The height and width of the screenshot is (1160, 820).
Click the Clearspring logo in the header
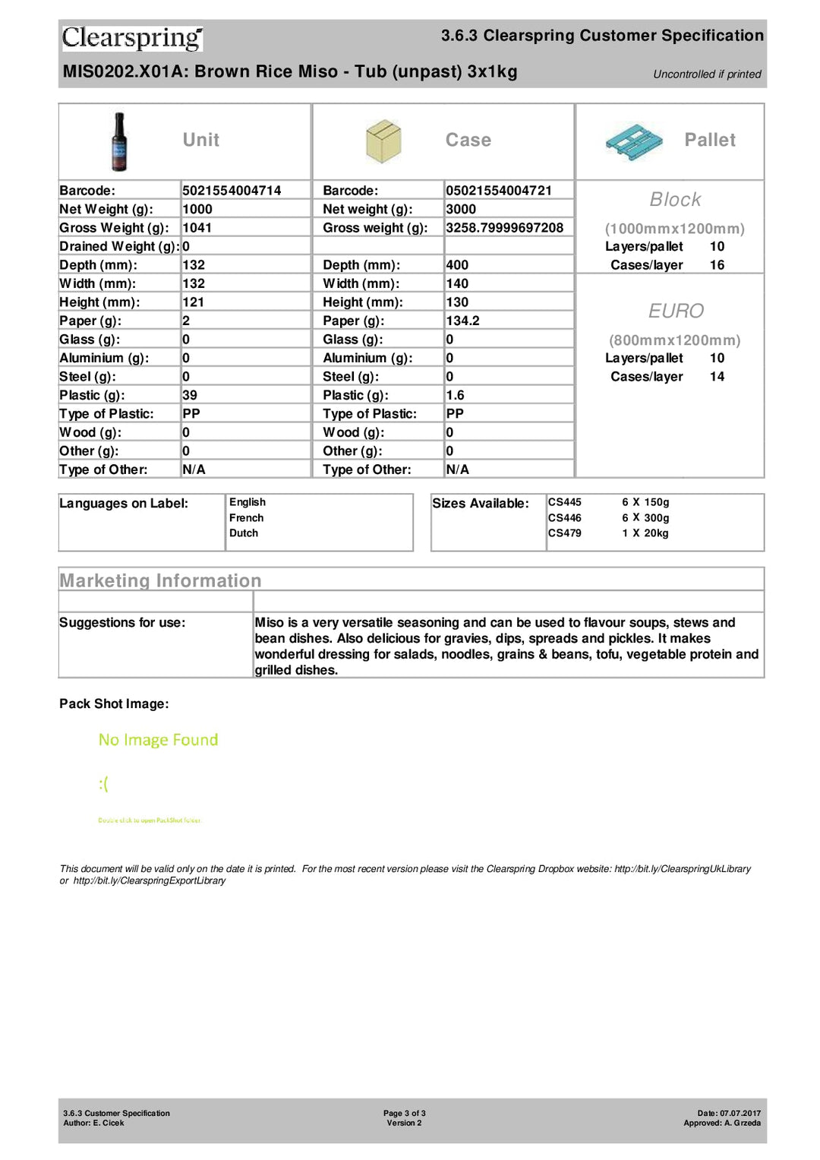(132, 38)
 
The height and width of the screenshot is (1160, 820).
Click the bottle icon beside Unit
(119, 141)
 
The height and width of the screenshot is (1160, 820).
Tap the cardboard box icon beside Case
(383, 141)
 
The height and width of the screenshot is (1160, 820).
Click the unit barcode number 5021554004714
(232, 191)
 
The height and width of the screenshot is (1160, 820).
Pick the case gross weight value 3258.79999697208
(504, 228)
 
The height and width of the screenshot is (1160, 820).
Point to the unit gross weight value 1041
(197, 228)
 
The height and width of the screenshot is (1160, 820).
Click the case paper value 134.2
(462, 321)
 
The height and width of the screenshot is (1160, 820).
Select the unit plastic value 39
(190, 395)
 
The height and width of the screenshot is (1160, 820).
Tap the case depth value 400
(457, 265)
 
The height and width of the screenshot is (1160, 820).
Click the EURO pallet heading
(676, 311)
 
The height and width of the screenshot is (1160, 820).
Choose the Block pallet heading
(675, 200)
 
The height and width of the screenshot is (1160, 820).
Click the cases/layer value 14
(717, 377)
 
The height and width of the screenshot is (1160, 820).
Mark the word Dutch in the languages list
(244, 533)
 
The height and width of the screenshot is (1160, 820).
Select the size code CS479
(565, 533)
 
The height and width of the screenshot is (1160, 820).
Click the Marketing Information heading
(160, 581)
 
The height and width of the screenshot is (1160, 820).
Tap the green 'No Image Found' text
(158, 740)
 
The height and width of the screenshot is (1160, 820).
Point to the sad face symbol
(103, 784)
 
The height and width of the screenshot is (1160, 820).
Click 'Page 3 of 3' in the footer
(404, 1114)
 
